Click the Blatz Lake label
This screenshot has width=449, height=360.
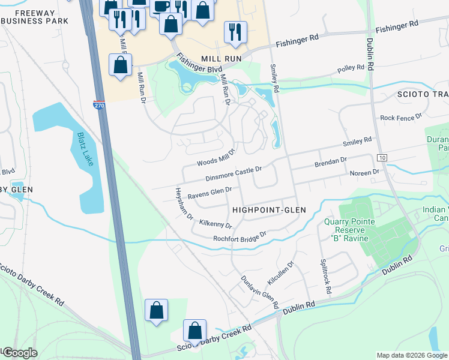coord(85,149)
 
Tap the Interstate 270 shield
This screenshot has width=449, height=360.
coord(99,106)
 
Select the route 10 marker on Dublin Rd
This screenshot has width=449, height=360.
coord(382,157)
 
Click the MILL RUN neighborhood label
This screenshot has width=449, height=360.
coord(221,59)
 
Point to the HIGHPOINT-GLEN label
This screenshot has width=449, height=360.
coord(269,210)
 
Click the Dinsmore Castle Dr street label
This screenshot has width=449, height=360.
coord(234,173)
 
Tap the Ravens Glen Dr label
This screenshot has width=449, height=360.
coord(209,193)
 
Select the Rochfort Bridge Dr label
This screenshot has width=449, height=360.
coord(240,237)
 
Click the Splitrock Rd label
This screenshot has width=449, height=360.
coord(325,276)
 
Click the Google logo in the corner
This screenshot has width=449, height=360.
coord(19,353)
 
